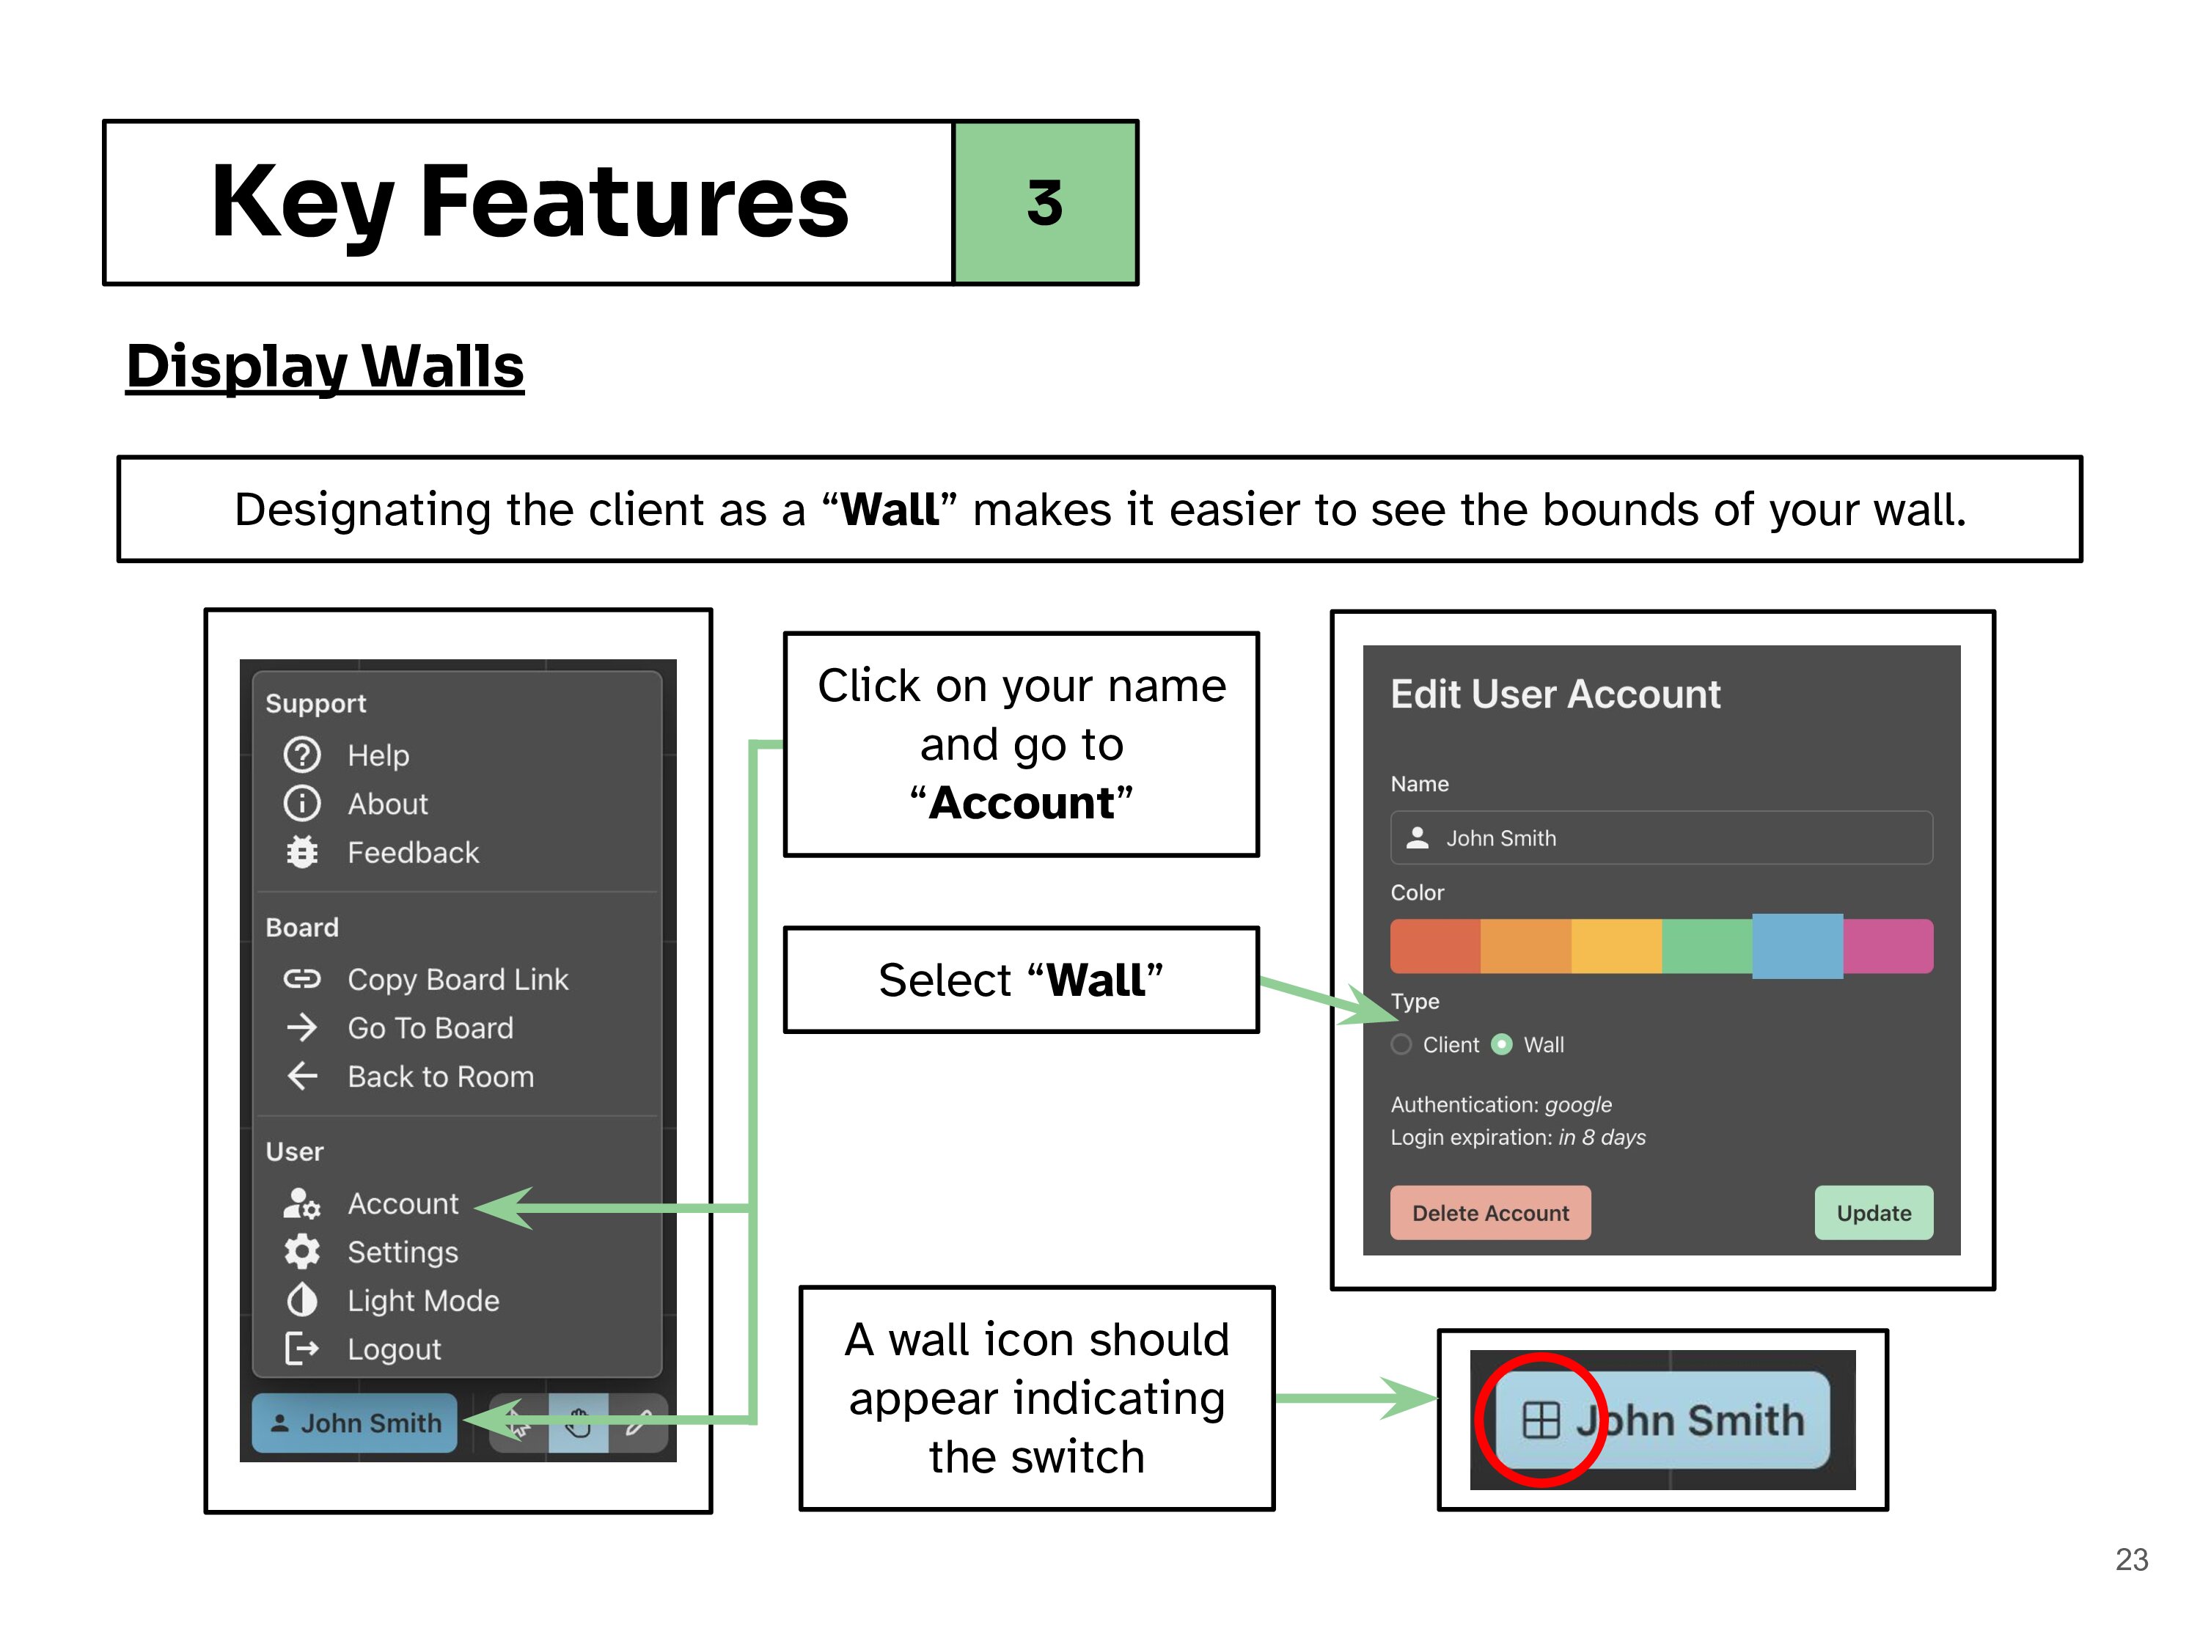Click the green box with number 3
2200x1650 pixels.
(1044, 203)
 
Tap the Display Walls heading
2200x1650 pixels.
(324, 366)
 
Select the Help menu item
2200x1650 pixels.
(378, 756)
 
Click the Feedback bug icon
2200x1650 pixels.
(302, 852)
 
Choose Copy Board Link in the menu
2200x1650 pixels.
(458, 980)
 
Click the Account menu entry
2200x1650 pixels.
(402, 1203)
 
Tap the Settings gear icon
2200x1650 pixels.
(302, 1253)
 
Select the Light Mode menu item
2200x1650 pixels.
(422, 1301)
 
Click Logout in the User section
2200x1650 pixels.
(394, 1349)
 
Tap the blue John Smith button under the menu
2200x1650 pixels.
(355, 1423)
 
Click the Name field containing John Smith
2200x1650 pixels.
(1661, 838)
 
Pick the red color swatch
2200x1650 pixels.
(1435, 946)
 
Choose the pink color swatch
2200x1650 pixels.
(1888, 946)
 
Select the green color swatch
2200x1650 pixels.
(1706, 946)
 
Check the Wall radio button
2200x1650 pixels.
(1503, 1044)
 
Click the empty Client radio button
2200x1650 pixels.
(1401, 1044)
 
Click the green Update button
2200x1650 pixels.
(1873, 1214)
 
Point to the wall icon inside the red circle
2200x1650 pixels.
(1541, 1420)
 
